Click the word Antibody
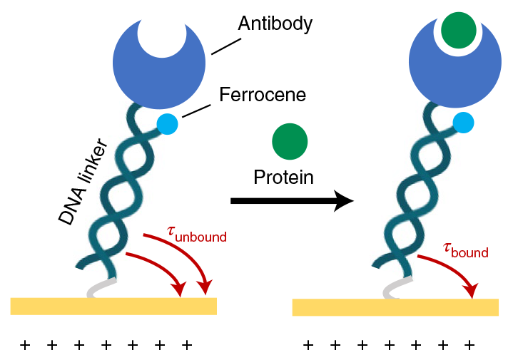coord(275,24)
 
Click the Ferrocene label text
coord(263,94)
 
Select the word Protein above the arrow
coord(283,177)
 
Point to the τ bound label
coord(466,250)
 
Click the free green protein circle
coord(290,141)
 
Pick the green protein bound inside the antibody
coord(458,31)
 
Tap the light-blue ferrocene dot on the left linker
coord(167,123)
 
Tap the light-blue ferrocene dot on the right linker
coord(464,123)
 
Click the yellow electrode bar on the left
coord(113,306)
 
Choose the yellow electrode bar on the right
coord(395,307)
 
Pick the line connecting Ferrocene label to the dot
coord(196,110)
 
